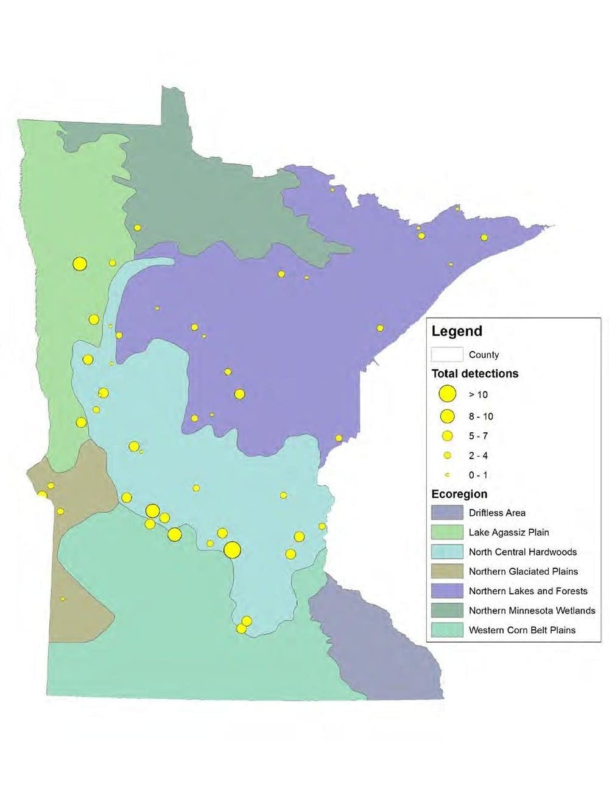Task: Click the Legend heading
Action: coord(457,332)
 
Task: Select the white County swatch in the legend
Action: coord(447,354)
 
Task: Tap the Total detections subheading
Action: coord(475,374)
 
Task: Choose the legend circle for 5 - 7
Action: coord(447,436)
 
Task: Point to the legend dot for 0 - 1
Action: coord(447,475)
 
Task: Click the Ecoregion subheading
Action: coord(459,494)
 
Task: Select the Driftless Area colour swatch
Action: coord(447,513)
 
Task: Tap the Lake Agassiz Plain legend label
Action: coord(509,532)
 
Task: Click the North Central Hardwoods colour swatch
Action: coord(447,552)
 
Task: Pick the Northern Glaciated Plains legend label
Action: coord(523,571)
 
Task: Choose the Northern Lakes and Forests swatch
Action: coord(447,591)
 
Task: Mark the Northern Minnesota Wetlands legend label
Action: coord(532,610)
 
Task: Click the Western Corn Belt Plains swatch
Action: coord(447,630)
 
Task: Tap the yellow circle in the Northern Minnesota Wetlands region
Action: coord(138,227)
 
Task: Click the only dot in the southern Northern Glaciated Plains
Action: coord(63,599)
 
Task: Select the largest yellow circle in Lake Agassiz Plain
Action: coord(80,264)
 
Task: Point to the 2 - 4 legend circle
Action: coord(447,455)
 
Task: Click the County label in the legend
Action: coord(484,355)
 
